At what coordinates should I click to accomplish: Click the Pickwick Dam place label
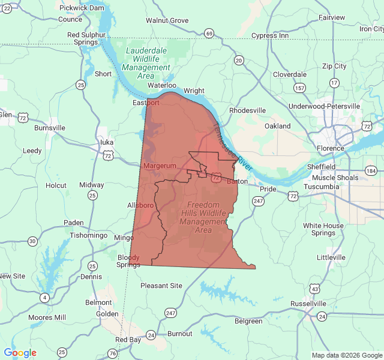tap(83, 8)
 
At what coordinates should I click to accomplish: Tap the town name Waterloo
tap(162, 85)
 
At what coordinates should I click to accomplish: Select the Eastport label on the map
tap(146, 103)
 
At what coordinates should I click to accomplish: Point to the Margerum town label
tap(160, 165)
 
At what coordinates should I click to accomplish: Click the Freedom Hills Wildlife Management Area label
tap(203, 217)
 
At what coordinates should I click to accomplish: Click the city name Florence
tap(331, 148)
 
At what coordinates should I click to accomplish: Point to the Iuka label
tap(107, 142)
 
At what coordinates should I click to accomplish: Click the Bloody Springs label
tap(128, 261)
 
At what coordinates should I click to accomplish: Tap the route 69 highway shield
tap(208, 33)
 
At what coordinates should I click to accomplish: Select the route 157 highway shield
tap(299, 88)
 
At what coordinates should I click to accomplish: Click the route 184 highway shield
tap(370, 171)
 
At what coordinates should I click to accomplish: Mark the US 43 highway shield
tap(314, 289)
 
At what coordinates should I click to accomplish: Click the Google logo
tap(20, 353)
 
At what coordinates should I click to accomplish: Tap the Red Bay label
tap(128, 340)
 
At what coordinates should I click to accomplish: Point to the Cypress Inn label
tap(269, 35)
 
